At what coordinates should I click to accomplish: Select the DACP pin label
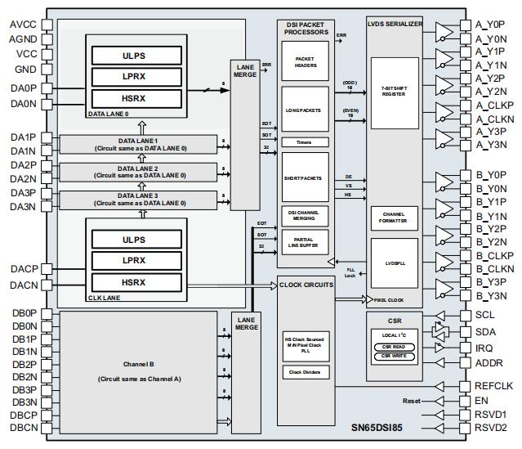point(24,268)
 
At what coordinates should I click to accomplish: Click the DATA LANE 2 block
point(138,172)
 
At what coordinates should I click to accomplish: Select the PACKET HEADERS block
point(306,62)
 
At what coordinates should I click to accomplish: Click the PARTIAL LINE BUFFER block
point(306,241)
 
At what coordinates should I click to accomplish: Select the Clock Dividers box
point(306,373)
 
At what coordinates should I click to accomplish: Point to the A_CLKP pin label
point(494,105)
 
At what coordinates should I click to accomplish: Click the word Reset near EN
point(412,401)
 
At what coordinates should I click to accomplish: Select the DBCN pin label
point(24,428)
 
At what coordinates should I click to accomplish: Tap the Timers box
point(306,141)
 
